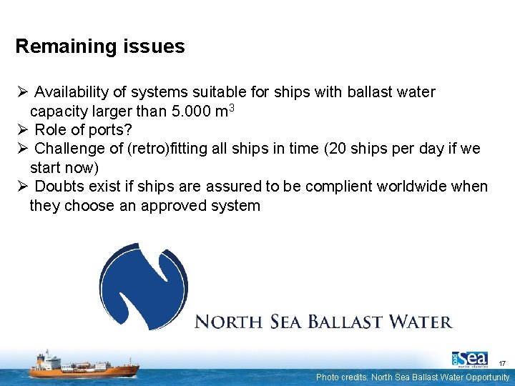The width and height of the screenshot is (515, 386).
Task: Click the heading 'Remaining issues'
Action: click(100, 47)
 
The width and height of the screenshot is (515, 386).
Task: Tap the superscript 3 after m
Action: click(231, 108)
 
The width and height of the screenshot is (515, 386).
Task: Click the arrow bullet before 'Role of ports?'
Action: click(21, 130)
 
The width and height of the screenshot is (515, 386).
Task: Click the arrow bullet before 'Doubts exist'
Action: click(21, 187)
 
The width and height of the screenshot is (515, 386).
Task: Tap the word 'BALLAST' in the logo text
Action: click(344, 322)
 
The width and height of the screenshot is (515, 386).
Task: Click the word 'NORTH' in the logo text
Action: click(228, 322)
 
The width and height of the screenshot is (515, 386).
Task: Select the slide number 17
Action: click(503, 364)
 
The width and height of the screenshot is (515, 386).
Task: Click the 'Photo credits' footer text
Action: click(413, 377)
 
